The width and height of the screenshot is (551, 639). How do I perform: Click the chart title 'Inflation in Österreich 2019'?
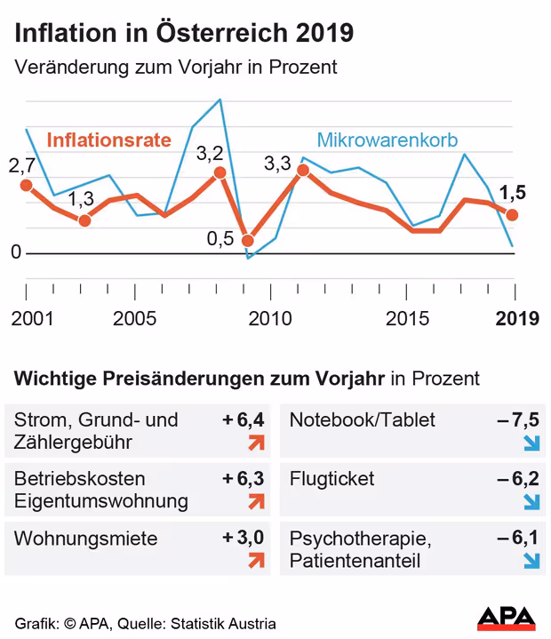point(183,33)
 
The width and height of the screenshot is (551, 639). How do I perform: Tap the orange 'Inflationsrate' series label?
point(108,140)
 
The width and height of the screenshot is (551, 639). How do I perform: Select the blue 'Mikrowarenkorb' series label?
point(387,140)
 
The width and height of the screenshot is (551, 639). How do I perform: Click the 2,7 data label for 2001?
point(21,165)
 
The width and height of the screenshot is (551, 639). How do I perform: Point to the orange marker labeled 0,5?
point(248,241)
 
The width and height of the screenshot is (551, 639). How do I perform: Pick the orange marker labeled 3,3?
point(303,170)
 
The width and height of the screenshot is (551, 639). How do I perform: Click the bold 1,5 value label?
point(513,193)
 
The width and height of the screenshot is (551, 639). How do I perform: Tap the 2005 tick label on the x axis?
point(135,317)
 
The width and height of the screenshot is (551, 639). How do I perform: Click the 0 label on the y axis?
point(15,253)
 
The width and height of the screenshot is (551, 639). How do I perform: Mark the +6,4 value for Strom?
point(244,419)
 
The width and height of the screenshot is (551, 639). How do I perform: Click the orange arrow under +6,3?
point(257,501)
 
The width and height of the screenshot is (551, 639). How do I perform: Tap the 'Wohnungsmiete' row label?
point(86,538)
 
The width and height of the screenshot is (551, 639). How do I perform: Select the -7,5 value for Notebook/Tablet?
point(518,419)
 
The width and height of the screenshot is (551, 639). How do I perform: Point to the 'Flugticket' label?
point(332,479)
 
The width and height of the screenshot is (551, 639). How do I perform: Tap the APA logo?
point(507,618)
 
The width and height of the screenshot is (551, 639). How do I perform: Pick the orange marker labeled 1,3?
point(84,220)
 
